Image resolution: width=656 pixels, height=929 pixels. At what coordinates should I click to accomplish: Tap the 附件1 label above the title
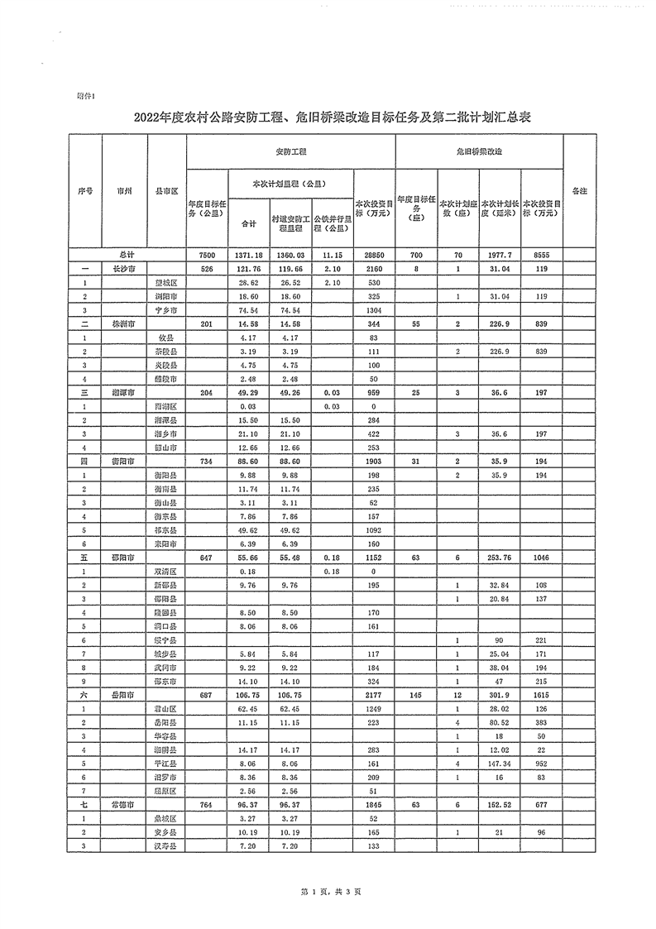[x=85, y=96]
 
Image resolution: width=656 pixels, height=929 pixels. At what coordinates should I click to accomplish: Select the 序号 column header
[x=85, y=190]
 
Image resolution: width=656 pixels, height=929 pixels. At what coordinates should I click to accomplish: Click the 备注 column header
[x=579, y=190]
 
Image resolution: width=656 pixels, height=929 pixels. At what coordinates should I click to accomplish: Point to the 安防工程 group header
[x=291, y=153]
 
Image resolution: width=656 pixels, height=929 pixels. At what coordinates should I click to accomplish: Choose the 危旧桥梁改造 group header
[x=479, y=153]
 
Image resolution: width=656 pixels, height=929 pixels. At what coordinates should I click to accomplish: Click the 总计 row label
[x=127, y=256]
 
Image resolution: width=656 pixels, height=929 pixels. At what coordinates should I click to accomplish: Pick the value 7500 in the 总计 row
[x=207, y=256]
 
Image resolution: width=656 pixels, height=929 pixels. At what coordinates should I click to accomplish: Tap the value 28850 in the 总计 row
[x=375, y=256]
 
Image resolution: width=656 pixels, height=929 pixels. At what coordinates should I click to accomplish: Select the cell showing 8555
[x=542, y=256]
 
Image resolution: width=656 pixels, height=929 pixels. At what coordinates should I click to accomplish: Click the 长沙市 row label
[x=123, y=269]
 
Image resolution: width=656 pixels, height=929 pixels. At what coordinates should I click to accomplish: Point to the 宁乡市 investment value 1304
[x=375, y=309]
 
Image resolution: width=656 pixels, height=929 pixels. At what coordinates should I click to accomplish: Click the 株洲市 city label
[x=123, y=323]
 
